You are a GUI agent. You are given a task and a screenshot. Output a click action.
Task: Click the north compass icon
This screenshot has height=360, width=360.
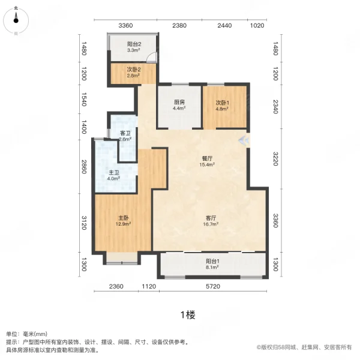pyautogui.click(x=16, y=19)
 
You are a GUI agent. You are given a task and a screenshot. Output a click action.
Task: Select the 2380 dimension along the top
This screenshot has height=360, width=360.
pyautogui.click(x=179, y=25)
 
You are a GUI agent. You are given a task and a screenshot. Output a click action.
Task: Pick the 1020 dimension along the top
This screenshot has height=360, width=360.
pyautogui.click(x=257, y=25)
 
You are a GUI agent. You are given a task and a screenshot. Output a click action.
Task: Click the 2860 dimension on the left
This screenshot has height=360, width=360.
pyautogui.click(x=85, y=166)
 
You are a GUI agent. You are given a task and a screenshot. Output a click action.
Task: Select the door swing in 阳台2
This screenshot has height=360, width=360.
pyautogui.click(x=152, y=58)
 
